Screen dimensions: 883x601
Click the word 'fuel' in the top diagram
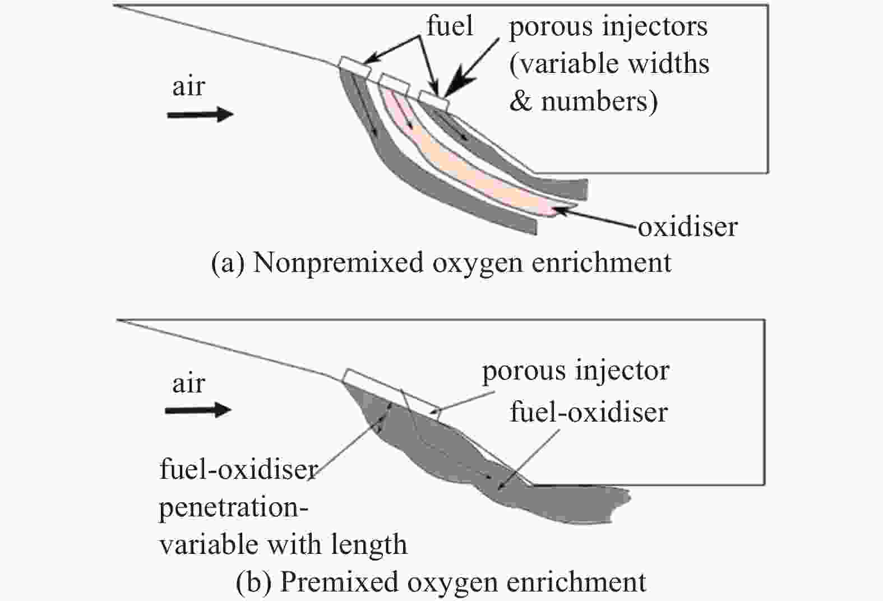pyautogui.click(x=450, y=26)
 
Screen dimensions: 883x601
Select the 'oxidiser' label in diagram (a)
pyautogui.click(x=687, y=228)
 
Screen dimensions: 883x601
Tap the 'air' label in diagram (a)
pyautogui.click(x=189, y=87)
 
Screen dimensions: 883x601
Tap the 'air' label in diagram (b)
pyautogui.click(x=189, y=383)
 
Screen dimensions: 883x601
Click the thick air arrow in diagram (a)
pyautogui.click(x=201, y=115)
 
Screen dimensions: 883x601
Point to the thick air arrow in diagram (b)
pyautogui.click(x=198, y=410)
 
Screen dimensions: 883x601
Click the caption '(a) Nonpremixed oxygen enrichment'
pyautogui.click(x=442, y=263)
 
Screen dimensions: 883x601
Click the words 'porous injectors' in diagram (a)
pyautogui.click(x=608, y=27)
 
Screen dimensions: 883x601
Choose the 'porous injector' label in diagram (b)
pyautogui.click(x=576, y=371)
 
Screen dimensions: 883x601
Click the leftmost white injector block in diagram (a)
pyautogui.click(x=355, y=67)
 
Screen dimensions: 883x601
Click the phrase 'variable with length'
pyautogui.click(x=283, y=544)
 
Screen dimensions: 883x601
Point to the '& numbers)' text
pyautogui.click(x=584, y=101)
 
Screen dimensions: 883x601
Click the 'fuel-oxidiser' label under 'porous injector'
pyautogui.click(x=589, y=413)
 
